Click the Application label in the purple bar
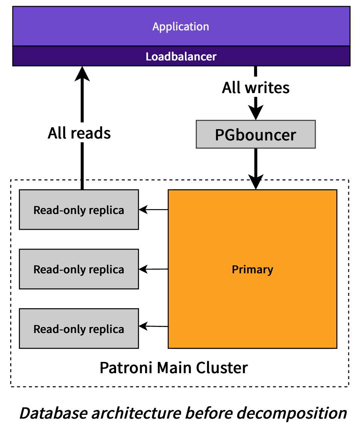coord(181,27)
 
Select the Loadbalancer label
coord(181,57)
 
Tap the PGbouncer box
coord(256,134)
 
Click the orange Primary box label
coord(252,270)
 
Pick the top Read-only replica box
coord(79,210)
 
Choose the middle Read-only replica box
coord(79,269)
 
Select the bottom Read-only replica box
coord(79,329)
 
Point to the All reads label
coord(79,133)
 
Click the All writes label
coord(256,88)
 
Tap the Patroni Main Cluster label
coord(174,368)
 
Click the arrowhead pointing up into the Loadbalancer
coord(82,72)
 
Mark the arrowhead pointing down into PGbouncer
coord(256,112)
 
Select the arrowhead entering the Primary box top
coord(256,183)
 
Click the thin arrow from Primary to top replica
coord(153,209)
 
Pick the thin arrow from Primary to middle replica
coord(153,269)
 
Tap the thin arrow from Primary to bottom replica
coord(153,326)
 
